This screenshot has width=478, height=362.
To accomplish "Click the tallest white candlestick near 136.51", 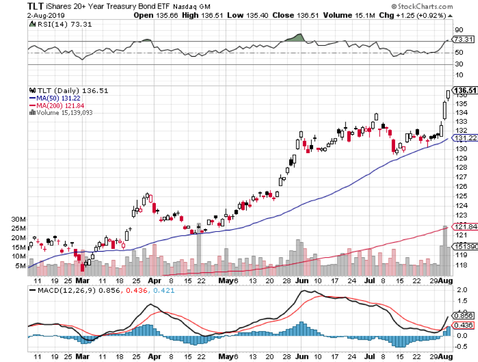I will (444, 110).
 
